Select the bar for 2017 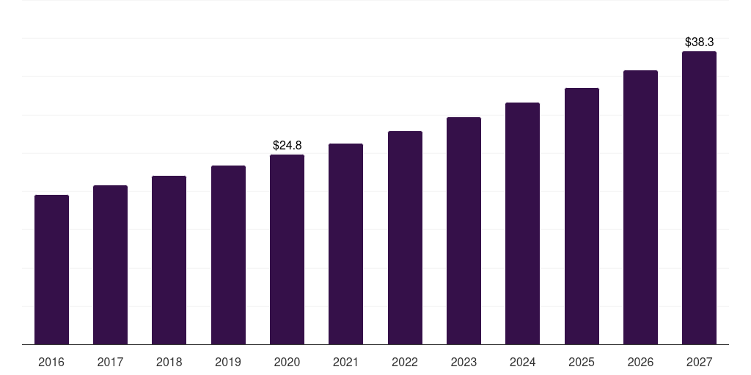click(110, 264)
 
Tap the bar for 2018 click(169, 260)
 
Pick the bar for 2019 click(228, 255)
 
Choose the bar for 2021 click(345, 244)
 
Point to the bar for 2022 click(405, 237)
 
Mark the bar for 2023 click(464, 231)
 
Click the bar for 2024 click(522, 223)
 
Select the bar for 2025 click(582, 216)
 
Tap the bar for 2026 click(640, 207)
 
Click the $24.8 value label click(287, 145)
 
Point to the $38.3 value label click(699, 42)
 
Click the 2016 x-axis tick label click(51, 362)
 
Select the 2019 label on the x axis click(228, 362)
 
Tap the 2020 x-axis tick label click(287, 362)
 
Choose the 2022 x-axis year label click(405, 362)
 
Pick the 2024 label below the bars click(522, 362)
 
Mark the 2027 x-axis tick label click(699, 362)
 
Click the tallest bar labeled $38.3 click(699, 198)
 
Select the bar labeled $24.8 click(287, 249)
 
